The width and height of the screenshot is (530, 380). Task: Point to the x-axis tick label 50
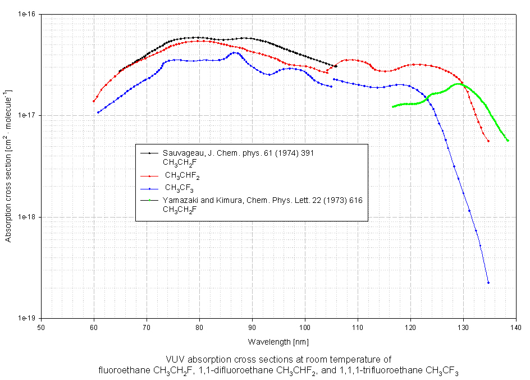pyautogui.click(x=40, y=327)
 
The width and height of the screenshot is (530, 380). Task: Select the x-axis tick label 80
pyautogui.click(x=199, y=327)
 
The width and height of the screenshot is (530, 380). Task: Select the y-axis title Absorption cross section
pyautogui.click(x=9, y=166)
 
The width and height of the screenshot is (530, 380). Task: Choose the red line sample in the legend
pyautogui.click(x=150, y=175)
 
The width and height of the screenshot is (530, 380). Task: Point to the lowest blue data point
pyautogui.click(x=488, y=283)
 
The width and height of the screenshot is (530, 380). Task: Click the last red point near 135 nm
pyautogui.click(x=488, y=141)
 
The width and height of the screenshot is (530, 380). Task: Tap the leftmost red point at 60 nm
pyautogui.click(x=94, y=101)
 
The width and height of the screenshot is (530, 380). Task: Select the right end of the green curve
pyautogui.click(x=508, y=141)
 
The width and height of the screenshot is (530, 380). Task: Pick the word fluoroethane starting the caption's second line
pyautogui.click(x=121, y=370)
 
